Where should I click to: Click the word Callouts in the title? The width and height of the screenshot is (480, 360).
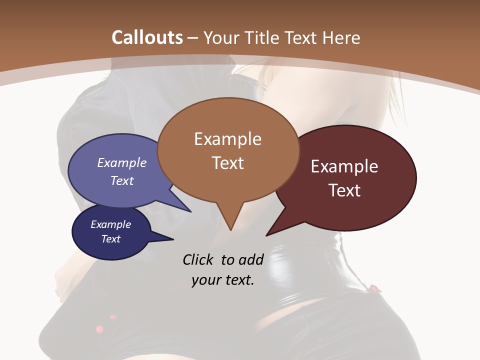147,37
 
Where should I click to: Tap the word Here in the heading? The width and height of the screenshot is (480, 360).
342,37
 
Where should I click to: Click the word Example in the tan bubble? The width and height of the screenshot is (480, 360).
227,139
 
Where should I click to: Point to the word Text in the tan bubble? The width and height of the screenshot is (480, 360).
227,163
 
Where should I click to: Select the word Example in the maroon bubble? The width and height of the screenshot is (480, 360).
344,166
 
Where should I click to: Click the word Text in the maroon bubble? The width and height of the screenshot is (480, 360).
344,190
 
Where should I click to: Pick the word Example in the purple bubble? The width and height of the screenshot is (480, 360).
121,162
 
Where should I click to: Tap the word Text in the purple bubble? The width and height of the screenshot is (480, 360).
121,180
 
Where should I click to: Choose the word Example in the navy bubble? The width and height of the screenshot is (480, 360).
110,224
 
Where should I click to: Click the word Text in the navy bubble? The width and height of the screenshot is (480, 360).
110,239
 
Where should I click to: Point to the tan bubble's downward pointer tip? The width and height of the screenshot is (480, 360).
230,230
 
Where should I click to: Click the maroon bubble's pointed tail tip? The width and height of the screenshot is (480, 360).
266,235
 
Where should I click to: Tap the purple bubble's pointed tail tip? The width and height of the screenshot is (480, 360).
190,211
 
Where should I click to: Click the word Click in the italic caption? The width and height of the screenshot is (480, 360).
198,259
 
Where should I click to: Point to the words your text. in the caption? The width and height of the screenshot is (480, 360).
222,280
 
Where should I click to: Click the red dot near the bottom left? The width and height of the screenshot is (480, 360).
99,329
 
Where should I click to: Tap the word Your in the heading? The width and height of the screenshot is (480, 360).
222,37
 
